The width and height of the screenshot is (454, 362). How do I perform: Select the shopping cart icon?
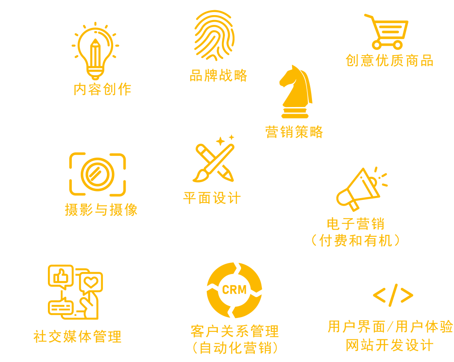point(386,32)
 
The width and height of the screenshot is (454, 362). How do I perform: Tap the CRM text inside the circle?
point(234,290)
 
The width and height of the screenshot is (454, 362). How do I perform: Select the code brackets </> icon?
point(393,295)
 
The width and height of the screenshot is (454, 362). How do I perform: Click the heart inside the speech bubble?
point(91,281)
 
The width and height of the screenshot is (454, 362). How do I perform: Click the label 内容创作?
point(103,89)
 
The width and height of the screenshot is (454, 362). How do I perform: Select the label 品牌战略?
point(218,75)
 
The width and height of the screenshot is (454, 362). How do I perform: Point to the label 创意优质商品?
point(389,60)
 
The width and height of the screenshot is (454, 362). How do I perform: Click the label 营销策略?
point(294,131)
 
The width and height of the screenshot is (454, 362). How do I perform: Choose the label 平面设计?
point(212,197)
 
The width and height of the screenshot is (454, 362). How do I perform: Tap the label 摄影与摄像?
point(101,209)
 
